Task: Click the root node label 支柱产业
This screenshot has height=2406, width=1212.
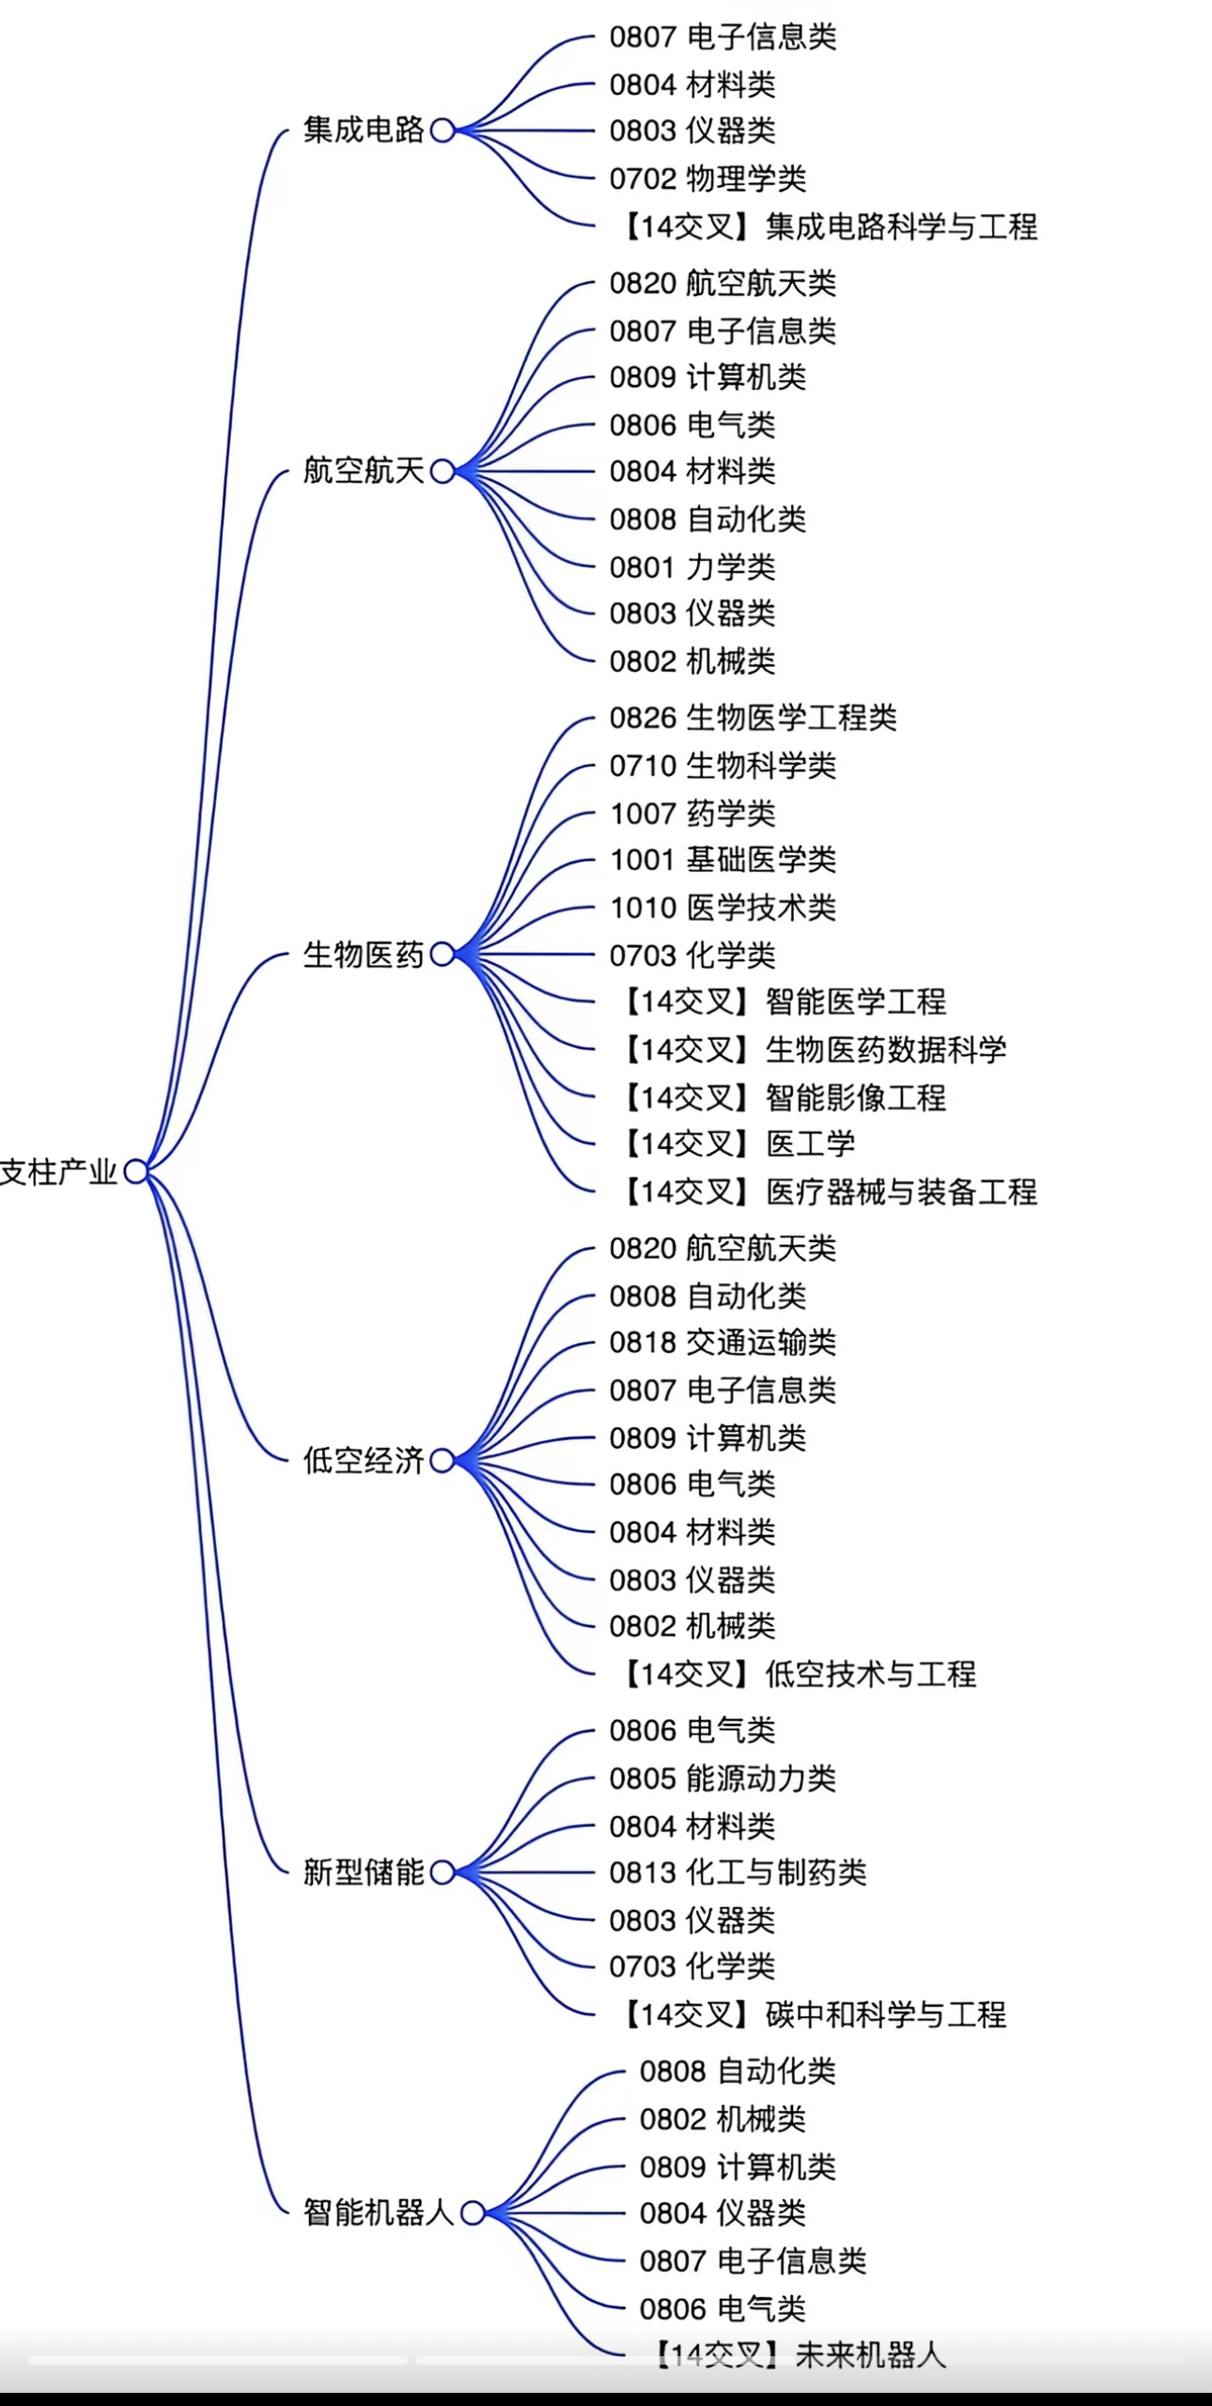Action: click(58, 1172)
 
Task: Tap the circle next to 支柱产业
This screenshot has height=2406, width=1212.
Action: click(136, 1172)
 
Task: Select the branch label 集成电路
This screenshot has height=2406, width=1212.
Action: click(364, 130)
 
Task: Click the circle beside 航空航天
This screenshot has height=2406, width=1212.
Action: click(443, 471)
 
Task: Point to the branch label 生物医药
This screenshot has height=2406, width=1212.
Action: click(364, 955)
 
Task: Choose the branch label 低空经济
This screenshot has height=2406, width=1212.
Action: click(364, 1460)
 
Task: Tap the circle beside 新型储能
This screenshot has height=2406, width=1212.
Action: click(443, 1871)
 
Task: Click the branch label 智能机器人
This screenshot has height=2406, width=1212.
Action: click(379, 2212)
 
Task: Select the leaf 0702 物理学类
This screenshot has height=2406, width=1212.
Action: click(707, 179)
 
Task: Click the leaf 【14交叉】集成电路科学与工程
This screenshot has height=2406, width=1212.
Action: click(828, 226)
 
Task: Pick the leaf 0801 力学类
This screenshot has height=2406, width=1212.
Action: click(692, 567)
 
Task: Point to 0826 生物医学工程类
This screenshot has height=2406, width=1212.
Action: click(753, 718)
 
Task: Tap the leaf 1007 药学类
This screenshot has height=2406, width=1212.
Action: click(692, 813)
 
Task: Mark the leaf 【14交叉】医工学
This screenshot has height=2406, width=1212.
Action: click(737, 1143)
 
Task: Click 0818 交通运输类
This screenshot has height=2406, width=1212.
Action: click(723, 1343)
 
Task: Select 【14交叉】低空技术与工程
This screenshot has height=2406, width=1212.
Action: click(797, 1673)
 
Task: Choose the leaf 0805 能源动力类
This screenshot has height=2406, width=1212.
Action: click(723, 1777)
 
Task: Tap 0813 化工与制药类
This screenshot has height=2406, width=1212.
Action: click(738, 1872)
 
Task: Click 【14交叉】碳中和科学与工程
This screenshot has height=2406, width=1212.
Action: click(812, 2014)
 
